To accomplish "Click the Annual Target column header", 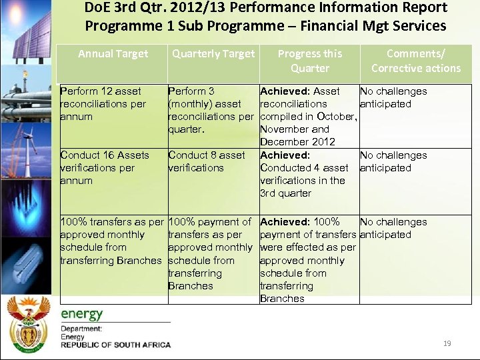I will (113, 54).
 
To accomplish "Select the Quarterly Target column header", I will (213, 54).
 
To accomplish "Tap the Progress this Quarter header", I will (309, 61).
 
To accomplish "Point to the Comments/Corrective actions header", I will (415, 61).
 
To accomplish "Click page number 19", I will (447, 343).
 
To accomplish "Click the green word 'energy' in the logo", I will (82, 314).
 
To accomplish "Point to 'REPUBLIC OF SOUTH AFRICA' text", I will (115, 345).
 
